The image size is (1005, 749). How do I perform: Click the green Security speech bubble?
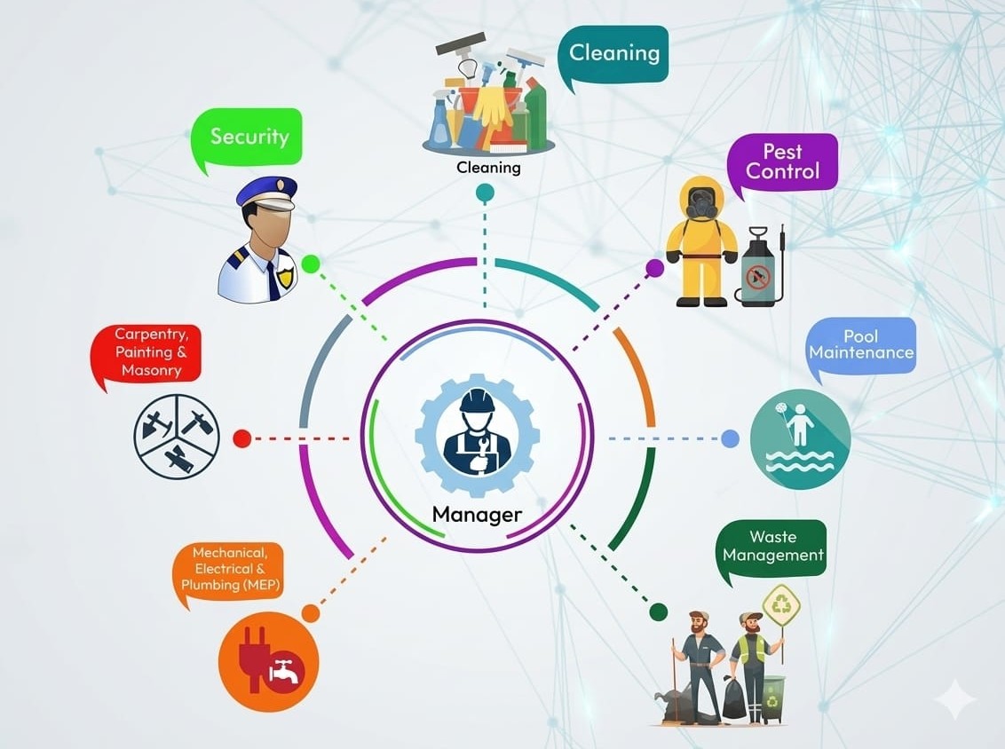point(248,138)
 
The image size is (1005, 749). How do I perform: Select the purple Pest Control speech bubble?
point(782,163)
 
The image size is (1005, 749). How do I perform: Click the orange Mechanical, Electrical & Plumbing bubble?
point(229,572)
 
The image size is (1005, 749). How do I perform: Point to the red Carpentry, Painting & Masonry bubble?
point(146,354)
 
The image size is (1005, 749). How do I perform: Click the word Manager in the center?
point(477,514)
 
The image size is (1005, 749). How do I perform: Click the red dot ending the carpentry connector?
point(242,439)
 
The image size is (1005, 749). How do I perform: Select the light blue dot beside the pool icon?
point(730,439)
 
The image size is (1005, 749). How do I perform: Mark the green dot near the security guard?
point(310,264)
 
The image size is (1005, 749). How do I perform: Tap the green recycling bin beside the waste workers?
point(772,699)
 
